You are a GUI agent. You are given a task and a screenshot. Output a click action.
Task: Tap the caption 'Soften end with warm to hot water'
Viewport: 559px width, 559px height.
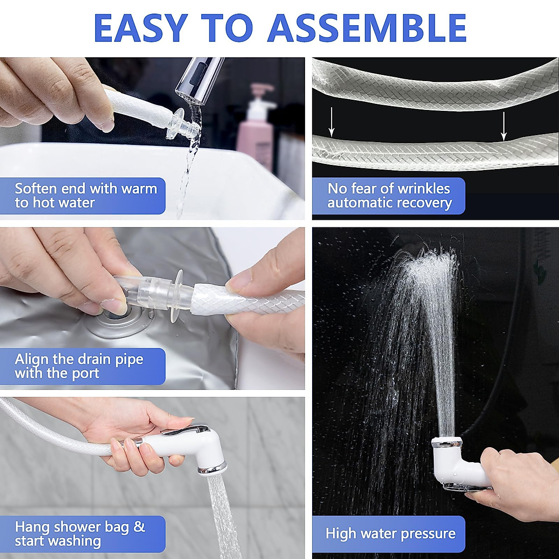84,196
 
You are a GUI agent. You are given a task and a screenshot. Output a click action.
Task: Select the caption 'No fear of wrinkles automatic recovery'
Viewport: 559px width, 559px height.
389,196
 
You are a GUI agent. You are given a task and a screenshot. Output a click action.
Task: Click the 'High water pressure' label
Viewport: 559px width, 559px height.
390,534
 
